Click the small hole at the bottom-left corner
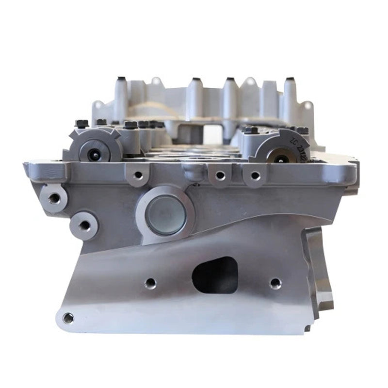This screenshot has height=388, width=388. [68, 318]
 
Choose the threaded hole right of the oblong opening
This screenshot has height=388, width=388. [275, 282]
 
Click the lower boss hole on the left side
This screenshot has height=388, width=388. [84, 225]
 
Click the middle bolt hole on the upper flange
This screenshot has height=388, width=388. [220, 175]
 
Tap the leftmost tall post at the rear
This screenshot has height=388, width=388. [120, 97]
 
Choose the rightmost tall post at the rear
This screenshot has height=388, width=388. [290, 97]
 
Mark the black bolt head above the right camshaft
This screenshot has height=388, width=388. [251, 130]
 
